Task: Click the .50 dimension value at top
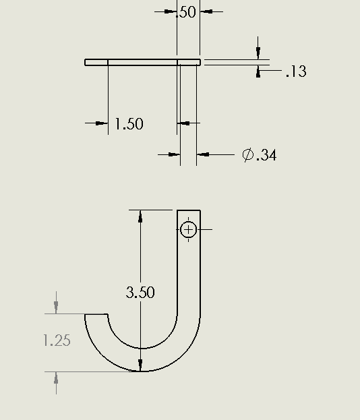(186, 11)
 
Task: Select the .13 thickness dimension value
(296, 71)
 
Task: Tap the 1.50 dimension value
(129, 124)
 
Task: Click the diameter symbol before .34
(248, 155)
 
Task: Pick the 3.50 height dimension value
(140, 292)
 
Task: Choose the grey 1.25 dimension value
(57, 340)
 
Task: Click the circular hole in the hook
(189, 230)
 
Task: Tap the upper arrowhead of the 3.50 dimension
(140, 216)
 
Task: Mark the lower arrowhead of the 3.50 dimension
(140, 365)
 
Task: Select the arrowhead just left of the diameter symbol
(204, 154)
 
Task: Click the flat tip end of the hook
(96, 314)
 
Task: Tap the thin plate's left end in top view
(86, 63)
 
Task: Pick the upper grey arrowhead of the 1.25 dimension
(56, 307)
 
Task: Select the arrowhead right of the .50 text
(206, 11)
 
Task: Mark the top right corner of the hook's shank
(200, 210)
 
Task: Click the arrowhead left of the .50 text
(171, 11)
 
